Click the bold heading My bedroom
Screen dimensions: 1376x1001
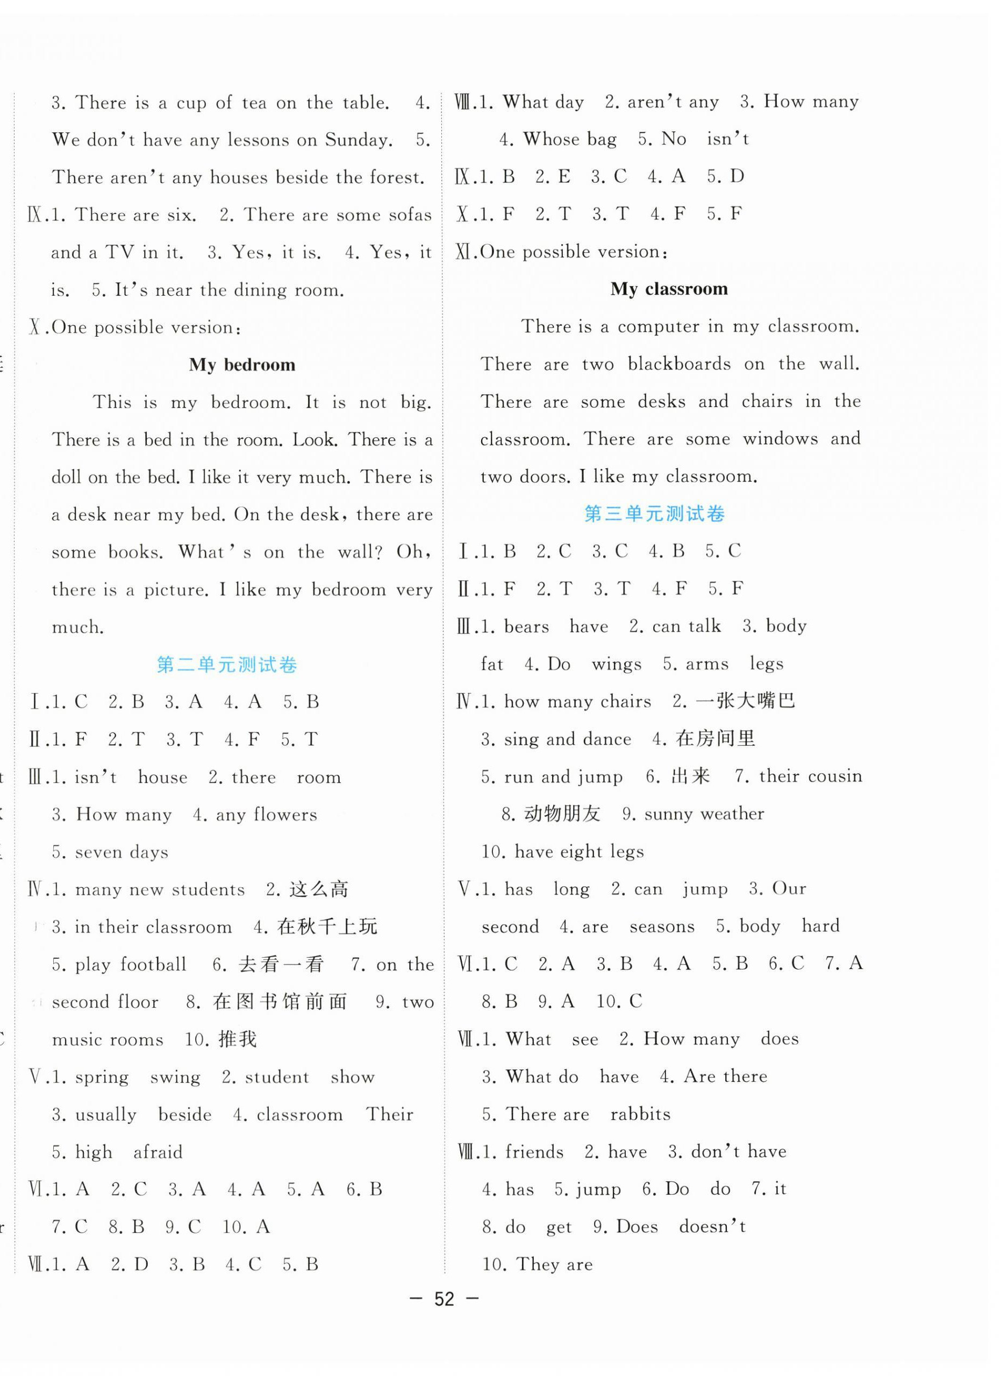click(242, 365)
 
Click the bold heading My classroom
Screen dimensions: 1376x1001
click(669, 289)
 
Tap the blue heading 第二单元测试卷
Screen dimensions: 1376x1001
click(227, 665)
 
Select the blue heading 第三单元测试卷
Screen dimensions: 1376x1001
click(654, 515)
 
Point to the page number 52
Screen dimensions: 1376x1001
click(444, 1299)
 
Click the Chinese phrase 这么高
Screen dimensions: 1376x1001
click(319, 889)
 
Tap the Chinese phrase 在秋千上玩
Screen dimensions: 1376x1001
click(327, 926)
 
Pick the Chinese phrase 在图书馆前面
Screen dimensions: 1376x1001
click(280, 1002)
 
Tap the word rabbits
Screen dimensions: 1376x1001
click(640, 1115)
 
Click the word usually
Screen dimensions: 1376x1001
click(106, 1115)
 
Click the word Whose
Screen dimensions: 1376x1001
click(552, 139)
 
